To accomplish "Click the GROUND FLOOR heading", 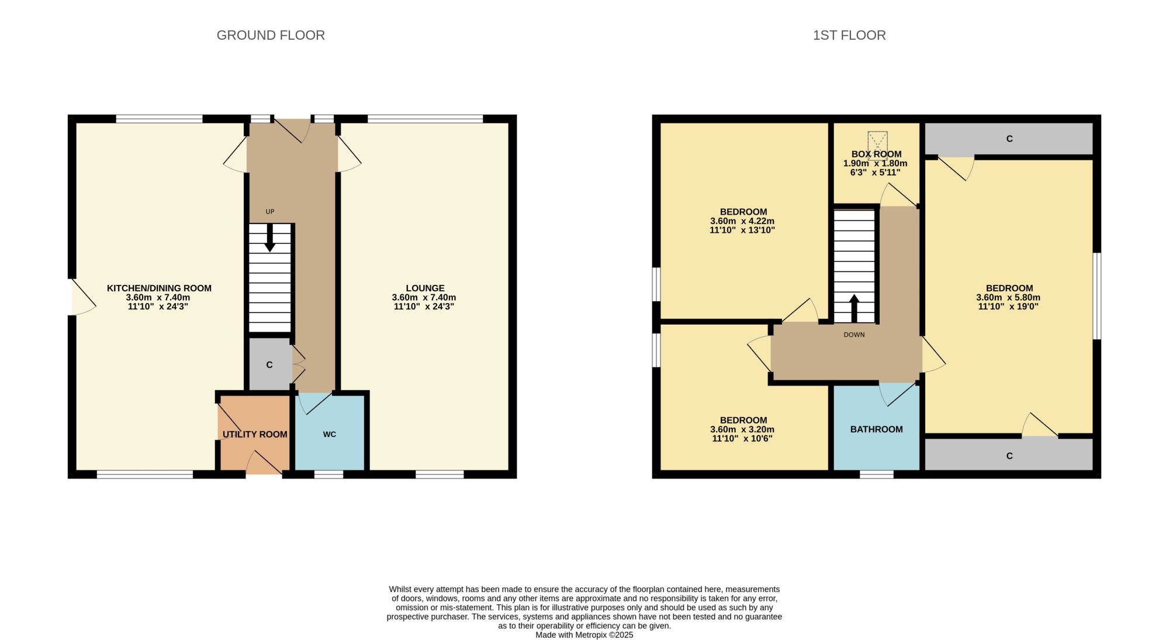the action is (271, 35).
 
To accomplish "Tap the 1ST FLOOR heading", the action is (849, 35).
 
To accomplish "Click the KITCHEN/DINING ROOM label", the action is (159, 288).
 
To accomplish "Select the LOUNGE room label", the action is (425, 288).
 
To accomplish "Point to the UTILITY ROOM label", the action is (255, 434).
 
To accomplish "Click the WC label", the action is (330, 434).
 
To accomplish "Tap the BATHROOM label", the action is (876, 429).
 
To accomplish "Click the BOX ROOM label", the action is (876, 154).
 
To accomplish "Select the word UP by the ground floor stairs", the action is (270, 212).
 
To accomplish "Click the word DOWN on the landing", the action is (854, 335).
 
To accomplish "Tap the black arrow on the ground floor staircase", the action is (270, 238).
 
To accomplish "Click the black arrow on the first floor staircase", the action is (854, 308).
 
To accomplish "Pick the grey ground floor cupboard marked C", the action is (269, 364).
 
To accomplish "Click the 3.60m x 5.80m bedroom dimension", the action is (1008, 297).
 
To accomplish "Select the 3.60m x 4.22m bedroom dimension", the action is (742, 221).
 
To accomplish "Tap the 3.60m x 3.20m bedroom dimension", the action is (742, 429).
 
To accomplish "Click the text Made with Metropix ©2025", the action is (584, 635).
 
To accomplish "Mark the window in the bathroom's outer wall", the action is (877, 474).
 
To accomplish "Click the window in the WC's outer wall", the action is (328, 474).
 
